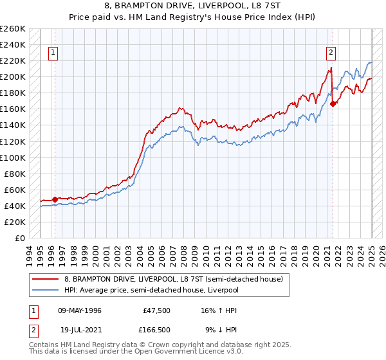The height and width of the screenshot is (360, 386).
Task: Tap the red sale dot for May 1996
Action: click(x=55, y=199)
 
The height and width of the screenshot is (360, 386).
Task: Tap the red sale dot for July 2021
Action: click(x=333, y=104)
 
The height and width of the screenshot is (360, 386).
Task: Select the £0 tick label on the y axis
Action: click(x=21, y=238)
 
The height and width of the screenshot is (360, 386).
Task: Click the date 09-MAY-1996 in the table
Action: click(x=80, y=310)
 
